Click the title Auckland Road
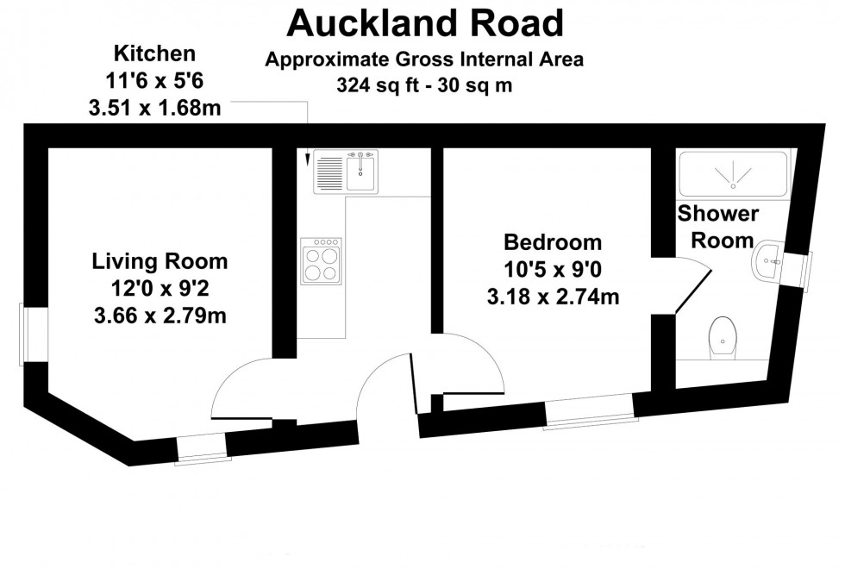tap(424, 23)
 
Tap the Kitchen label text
tap(157, 54)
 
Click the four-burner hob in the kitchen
tap(321, 260)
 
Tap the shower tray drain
tap(733, 183)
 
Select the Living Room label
tap(160, 260)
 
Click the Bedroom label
tap(553, 241)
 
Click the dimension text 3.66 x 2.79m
tap(160, 316)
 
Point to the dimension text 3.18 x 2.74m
tap(553, 297)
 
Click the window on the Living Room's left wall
tap(35, 334)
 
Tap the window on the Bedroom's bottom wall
tap(591, 410)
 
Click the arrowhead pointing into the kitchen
tap(307, 159)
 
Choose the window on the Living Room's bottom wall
tap(203, 447)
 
